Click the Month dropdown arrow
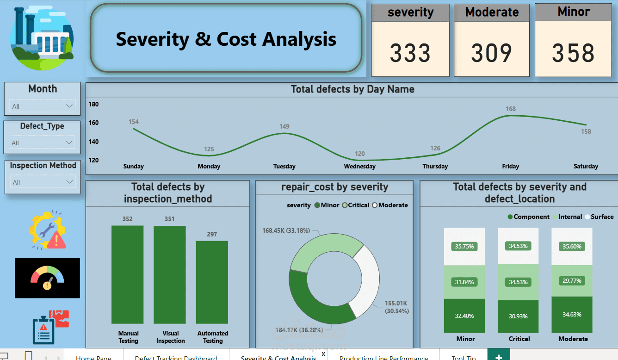(x=69, y=106)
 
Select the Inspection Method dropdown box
(x=42, y=182)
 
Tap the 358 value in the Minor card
(x=573, y=53)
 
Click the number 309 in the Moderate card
(x=491, y=53)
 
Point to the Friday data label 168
(x=510, y=109)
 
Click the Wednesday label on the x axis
(x=359, y=166)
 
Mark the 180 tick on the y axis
(x=94, y=104)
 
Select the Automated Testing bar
(x=212, y=282)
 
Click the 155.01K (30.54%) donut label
(x=397, y=307)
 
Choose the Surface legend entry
(x=599, y=217)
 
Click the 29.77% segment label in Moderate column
(x=573, y=281)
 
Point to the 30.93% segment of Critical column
(x=519, y=316)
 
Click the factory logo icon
(x=42, y=38)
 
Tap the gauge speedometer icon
(x=47, y=278)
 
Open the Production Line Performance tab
(x=383, y=357)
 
